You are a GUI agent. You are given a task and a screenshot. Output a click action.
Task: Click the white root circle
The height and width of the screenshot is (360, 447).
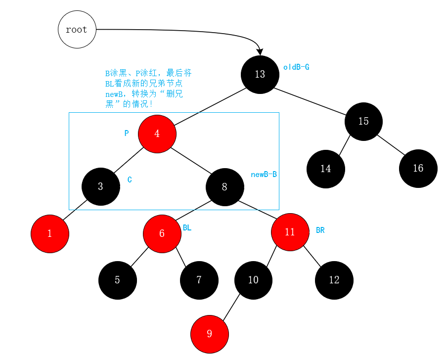77,29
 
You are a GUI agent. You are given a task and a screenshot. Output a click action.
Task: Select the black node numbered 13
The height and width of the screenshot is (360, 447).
260,74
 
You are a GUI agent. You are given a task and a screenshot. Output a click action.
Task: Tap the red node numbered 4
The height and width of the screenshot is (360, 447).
157,134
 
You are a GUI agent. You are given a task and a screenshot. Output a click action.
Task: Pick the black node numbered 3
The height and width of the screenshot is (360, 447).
101,186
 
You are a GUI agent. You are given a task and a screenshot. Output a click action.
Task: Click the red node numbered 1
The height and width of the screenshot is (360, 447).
50,233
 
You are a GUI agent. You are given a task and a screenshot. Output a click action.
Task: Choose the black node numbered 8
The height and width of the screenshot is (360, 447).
224,187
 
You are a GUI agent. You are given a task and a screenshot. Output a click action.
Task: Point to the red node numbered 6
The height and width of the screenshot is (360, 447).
162,233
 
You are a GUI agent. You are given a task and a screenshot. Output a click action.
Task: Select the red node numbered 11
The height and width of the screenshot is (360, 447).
290,232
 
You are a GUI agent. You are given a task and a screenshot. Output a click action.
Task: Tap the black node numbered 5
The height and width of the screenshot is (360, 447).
117,280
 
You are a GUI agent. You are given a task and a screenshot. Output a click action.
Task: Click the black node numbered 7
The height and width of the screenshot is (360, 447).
199,280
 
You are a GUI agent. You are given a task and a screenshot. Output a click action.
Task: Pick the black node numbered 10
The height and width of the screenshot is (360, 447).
253,280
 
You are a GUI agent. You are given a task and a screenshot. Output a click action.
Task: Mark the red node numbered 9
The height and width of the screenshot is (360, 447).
210,334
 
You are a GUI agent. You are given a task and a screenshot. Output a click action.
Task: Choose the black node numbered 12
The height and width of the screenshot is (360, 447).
334,280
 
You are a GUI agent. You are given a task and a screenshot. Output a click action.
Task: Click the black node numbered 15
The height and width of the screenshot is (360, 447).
363,121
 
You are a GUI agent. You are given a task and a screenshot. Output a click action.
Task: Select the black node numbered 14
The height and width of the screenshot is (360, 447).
325,169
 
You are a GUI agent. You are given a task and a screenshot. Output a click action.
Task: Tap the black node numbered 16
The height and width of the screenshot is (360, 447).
418,168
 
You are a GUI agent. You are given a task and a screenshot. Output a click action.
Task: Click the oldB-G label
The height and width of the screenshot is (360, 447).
296,67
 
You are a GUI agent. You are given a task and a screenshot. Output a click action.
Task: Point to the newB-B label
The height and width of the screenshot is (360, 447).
264,175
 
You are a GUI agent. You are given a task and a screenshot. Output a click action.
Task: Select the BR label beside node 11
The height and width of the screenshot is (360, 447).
320,230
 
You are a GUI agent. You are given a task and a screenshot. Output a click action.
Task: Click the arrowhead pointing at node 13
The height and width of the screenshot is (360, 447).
260,51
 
